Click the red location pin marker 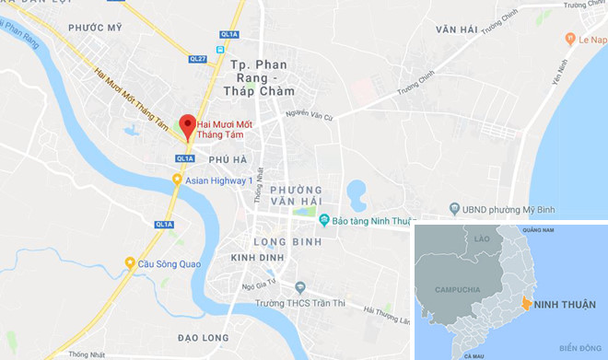click(187, 126)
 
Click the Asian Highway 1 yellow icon click(177, 180)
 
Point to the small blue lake click(356, 194)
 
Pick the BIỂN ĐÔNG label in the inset click(579, 347)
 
